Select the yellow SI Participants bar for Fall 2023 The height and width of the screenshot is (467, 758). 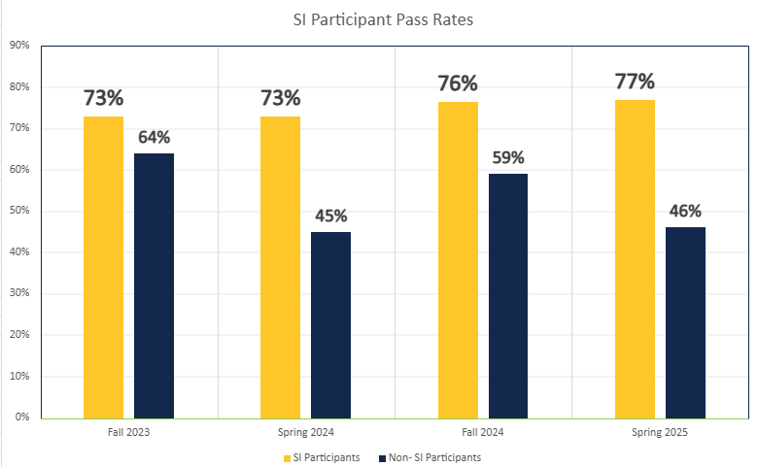tap(103, 267)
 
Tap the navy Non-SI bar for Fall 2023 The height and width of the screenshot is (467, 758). tap(154, 285)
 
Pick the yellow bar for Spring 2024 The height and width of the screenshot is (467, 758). tap(280, 267)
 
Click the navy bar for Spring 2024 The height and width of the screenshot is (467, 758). tap(330, 324)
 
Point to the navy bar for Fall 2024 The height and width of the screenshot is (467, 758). tap(508, 295)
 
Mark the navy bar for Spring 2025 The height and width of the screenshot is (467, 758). tap(685, 322)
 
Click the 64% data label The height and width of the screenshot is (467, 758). tap(155, 137)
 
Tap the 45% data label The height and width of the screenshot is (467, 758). tap(330, 216)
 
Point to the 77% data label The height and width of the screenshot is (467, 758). tap(635, 81)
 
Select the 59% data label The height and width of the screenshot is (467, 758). tap(508, 157)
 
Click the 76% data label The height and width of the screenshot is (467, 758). tap(458, 83)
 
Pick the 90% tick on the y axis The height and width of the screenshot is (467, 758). tap(19, 46)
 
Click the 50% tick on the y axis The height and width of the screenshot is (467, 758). tap(19, 211)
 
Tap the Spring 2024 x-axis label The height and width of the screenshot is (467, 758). tap(305, 431)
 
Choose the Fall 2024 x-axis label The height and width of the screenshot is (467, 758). tap(483, 431)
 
